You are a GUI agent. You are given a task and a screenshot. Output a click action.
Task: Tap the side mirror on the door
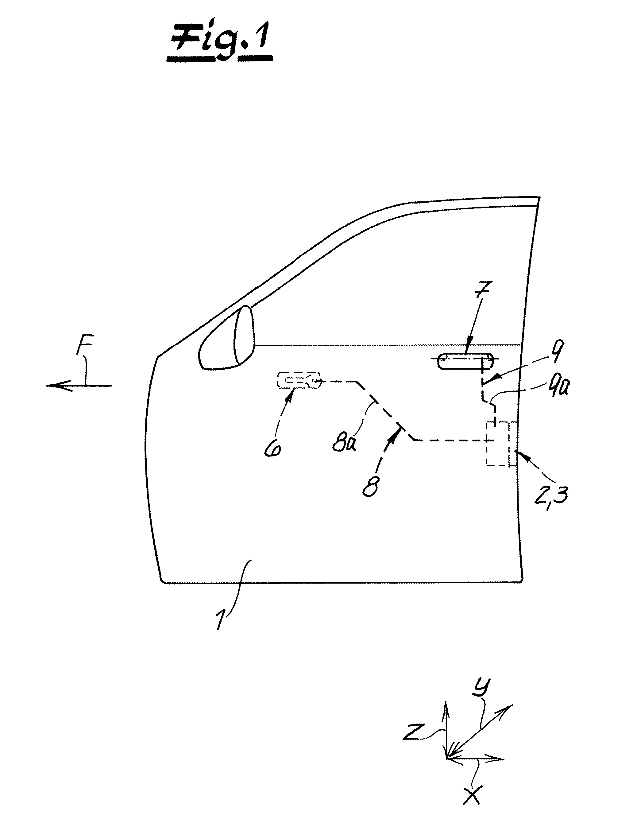pos(227,338)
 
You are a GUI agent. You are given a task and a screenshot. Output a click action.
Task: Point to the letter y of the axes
pos(481,687)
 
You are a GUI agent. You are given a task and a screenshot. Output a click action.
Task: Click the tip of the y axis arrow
pos(513,704)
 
